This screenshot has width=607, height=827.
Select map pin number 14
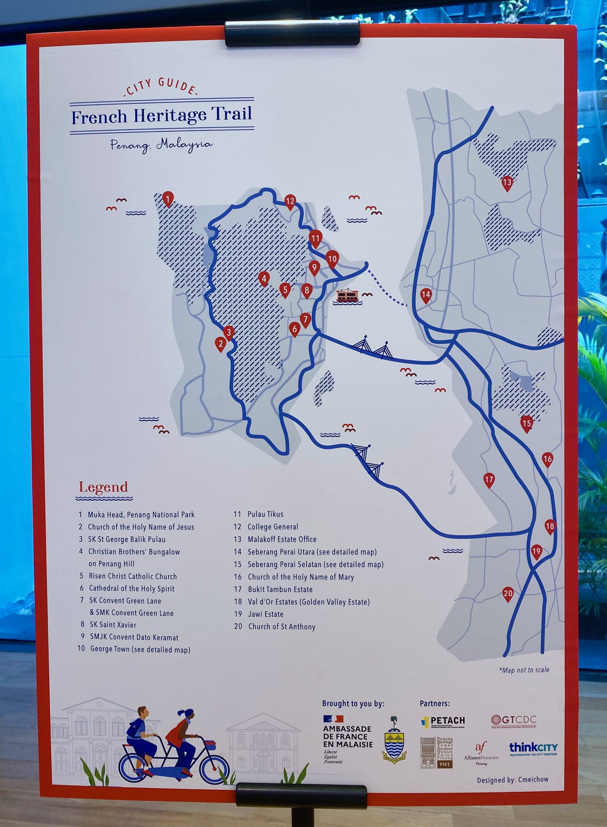426,295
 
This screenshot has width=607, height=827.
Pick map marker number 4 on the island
264,278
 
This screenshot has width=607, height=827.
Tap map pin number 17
489,480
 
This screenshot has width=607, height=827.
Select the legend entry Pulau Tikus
265,514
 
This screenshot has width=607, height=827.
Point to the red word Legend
104,487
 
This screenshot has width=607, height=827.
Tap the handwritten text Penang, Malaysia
161,145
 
